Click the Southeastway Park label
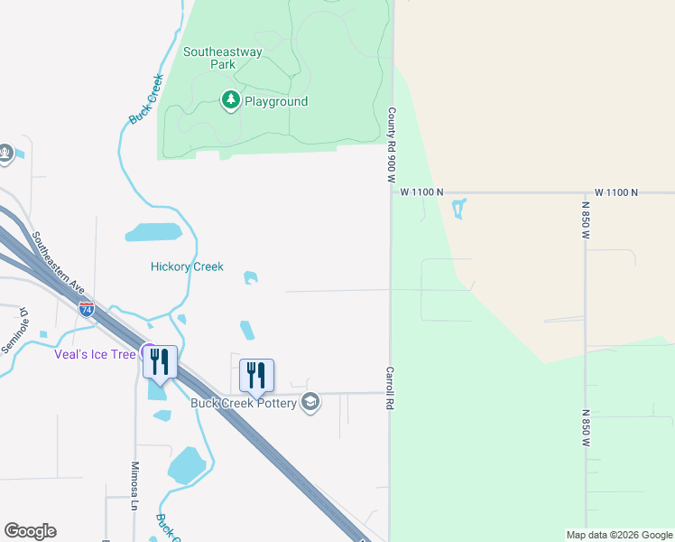coord(222,58)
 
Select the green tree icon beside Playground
coord(231,100)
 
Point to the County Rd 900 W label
coord(392,145)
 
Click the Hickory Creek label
coord(187,266)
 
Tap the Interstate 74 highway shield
coord(87,309)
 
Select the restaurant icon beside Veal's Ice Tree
coord(160,361)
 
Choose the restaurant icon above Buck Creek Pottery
coord(257,375)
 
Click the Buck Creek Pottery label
coord(244,403)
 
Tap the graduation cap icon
coord(310,402)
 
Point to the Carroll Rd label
coord(392,388)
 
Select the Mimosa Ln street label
coord(134,486)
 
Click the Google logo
coord(30,531)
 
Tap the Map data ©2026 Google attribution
coord(618,535)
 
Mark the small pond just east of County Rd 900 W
coord(458,210)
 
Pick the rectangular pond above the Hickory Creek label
coord(154,233)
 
